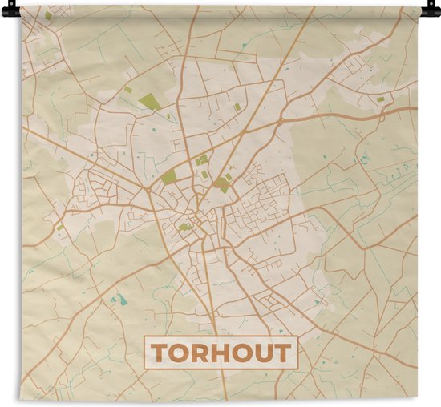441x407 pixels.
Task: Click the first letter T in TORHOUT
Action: point(159,353)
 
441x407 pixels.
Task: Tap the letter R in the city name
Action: point(202,353)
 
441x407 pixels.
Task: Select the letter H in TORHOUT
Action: point(223,353)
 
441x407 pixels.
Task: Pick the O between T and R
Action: point(180,353)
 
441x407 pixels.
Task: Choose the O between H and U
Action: point(245,353)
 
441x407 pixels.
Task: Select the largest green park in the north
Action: point(149,102)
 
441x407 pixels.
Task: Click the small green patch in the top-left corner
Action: point(48,15)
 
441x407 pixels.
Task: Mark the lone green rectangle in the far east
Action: point(380,99)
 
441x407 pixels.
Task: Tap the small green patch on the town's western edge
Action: point(60,226)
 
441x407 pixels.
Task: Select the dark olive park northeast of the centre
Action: point(222,185)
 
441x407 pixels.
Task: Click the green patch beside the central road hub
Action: point(184,227)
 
